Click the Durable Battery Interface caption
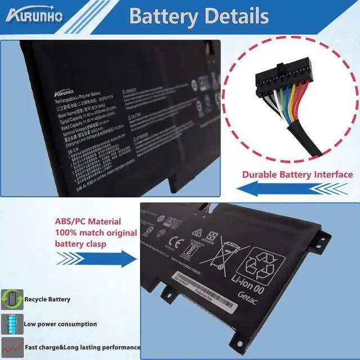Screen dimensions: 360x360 click(x=297, y=174)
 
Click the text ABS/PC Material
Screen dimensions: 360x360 click(x=87, y=222)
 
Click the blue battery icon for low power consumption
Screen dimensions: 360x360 click(x=11, y=324)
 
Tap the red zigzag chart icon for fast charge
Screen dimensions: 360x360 click(x=11, y=347)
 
